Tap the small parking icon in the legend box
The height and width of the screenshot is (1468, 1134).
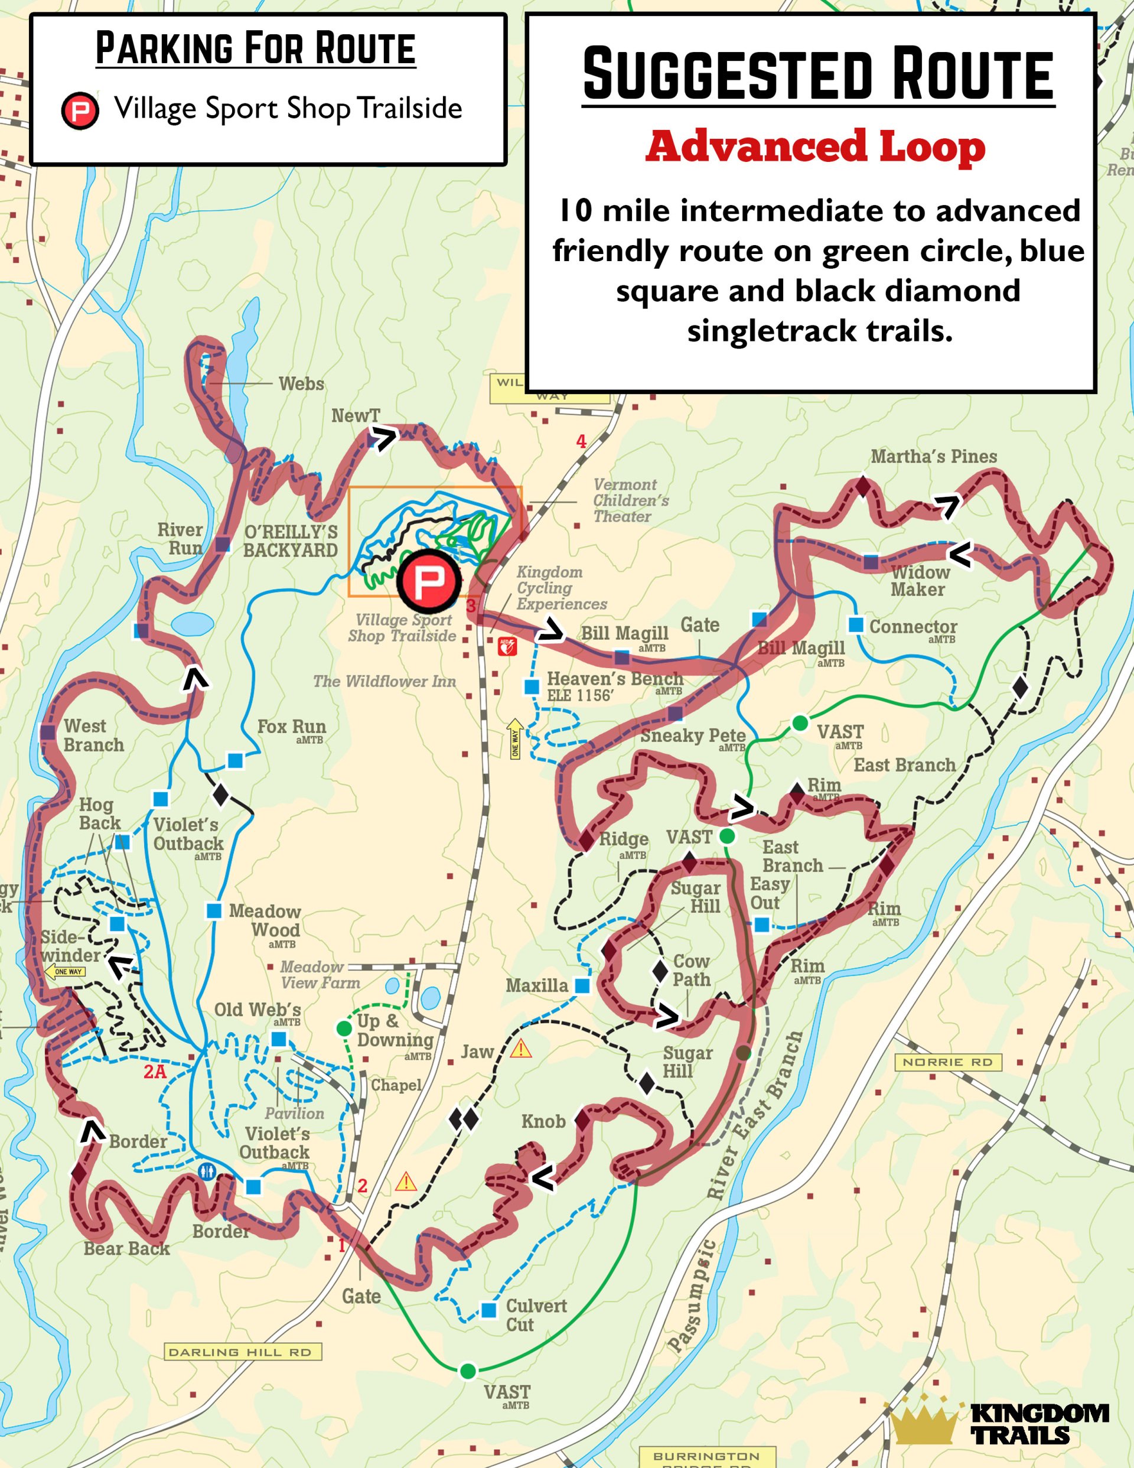80,110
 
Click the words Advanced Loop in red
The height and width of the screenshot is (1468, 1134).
816,147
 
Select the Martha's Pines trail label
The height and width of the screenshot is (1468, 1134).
934,457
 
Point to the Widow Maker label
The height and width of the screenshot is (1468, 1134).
919,581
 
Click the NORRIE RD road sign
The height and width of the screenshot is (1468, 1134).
947,1062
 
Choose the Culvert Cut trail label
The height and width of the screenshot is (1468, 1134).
536,1315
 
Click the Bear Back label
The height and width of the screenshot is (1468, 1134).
126,1249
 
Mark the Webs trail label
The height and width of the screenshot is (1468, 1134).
301,384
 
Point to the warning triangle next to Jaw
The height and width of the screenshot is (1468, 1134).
520,1049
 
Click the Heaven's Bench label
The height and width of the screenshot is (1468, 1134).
614,686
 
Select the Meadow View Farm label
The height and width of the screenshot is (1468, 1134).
320,975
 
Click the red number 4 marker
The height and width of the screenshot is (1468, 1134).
581,442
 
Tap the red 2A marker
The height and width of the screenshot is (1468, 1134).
155,1072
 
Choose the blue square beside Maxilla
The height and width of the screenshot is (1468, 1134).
582,985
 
